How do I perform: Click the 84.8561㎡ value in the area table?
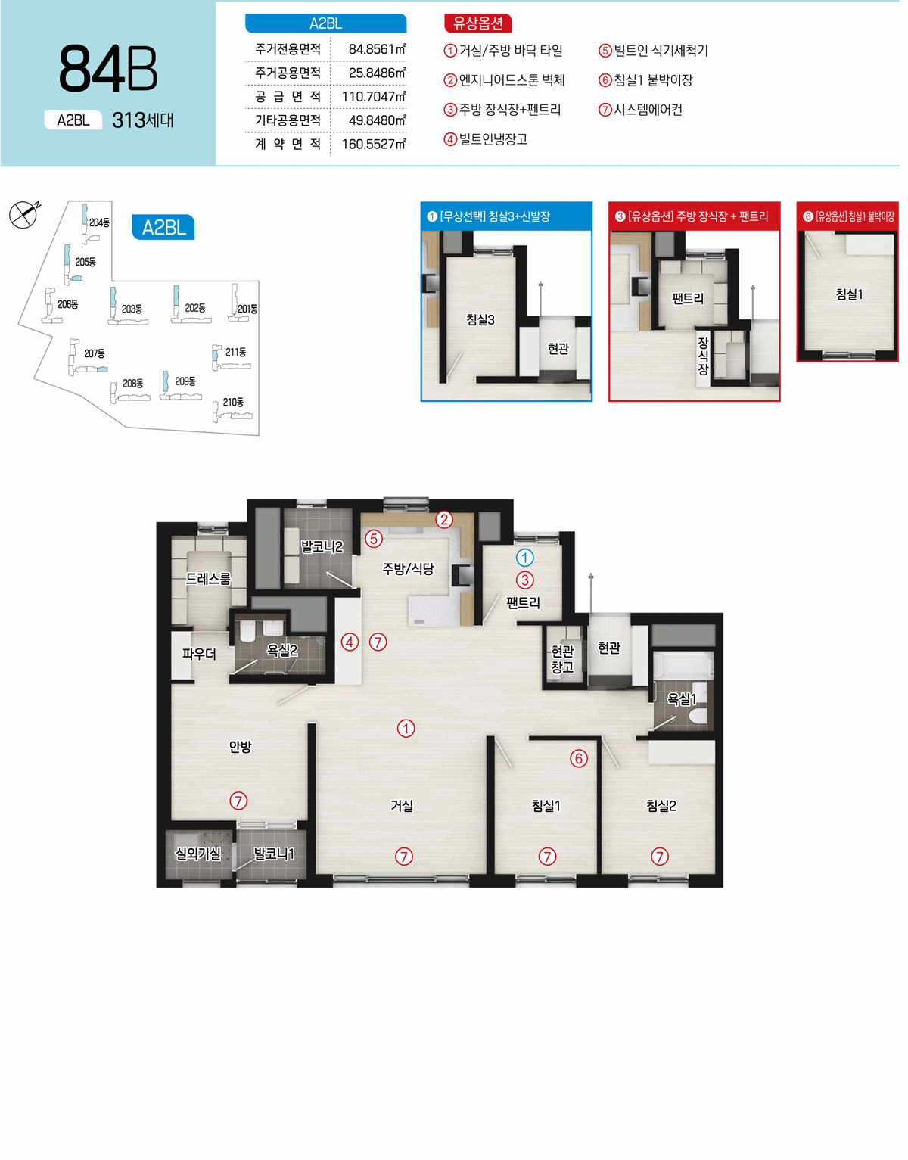378,49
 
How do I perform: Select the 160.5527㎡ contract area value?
375,144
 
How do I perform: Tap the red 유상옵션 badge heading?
477,23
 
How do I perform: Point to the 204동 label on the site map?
99,222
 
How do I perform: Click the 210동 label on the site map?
233,402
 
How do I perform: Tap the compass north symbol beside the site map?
24,213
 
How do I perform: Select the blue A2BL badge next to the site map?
163,228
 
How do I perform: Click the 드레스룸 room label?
208,579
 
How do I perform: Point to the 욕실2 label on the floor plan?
281,650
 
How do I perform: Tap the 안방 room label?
240,746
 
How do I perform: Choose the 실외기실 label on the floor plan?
198,854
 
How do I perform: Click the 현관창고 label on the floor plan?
562,659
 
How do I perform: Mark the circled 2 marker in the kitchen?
444,519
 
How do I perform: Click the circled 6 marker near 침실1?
579,758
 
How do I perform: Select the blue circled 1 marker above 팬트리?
524,558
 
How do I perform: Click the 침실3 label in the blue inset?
480,320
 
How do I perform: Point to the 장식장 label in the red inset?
703,356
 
